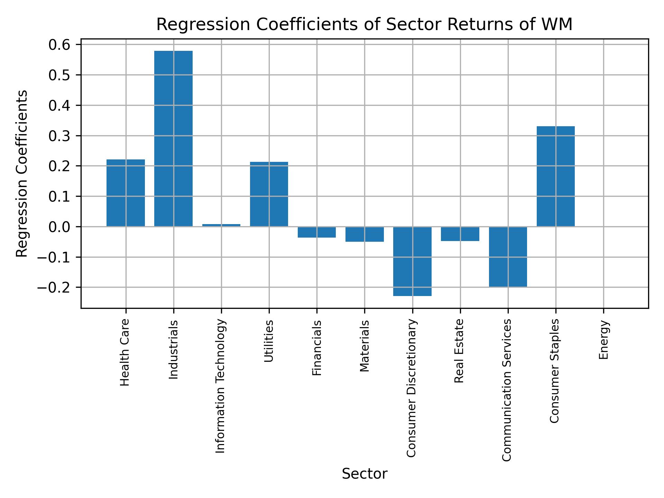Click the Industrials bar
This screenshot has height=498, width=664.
(x=173, y=138)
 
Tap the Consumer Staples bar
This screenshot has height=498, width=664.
(x=555, y=176)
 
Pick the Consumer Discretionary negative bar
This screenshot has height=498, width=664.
(x=412, y=261)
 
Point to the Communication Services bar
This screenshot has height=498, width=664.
(x=508, y=257)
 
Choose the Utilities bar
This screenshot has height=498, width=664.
(x=269, y=194)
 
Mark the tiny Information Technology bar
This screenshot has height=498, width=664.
(x=221, y=225)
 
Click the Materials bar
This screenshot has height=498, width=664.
(x=365, y=234)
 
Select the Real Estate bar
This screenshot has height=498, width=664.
(x=460, y=234)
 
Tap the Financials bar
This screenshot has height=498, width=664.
(x=316, y=232)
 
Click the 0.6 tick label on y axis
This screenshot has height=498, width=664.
(x=59, y=45)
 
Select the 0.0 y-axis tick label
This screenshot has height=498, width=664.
(x=59, y=227)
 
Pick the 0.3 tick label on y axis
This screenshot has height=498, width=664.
(x=59, y=136)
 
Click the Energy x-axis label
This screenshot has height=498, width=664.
(x=603, y=340)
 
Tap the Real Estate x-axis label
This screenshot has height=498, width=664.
(x=459, y=351)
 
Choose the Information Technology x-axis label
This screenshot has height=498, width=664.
(x=220, y=386)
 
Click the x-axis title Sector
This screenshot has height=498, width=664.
(x=365, y=474)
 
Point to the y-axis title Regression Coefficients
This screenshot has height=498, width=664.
(x=22, y=174)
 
